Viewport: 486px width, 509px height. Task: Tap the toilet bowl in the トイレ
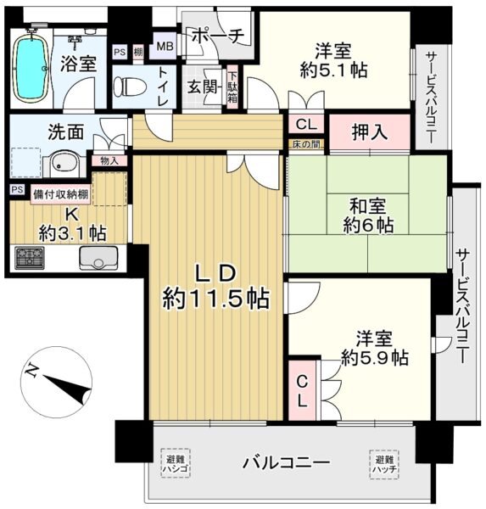pos(129,87)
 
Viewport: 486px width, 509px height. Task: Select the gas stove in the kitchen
pos(30,258)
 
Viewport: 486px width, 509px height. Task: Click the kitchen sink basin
pos(98,258)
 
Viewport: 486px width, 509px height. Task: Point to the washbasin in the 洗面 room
pos(64,164)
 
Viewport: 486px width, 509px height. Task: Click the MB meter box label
pos(165,46)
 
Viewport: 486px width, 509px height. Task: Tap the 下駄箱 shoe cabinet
pos(232,87)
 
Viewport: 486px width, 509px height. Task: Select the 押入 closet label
pos(370,132)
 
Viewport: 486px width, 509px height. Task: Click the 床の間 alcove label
pos(306,144)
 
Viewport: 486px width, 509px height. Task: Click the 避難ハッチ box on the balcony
pos(383,465)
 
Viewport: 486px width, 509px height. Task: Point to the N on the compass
pos(31,370)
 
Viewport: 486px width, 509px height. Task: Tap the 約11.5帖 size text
pos(215,299)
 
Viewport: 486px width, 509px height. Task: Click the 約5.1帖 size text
pos(333,70)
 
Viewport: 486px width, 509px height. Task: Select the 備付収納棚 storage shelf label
pos(61,195)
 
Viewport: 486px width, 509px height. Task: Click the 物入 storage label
pos(109,160)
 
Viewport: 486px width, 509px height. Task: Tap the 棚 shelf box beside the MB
pos(138,53)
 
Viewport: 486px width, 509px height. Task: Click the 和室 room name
pos(367,206)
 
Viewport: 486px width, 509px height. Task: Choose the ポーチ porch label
pos(217,36)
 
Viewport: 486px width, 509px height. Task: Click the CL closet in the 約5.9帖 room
pos(302,391)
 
